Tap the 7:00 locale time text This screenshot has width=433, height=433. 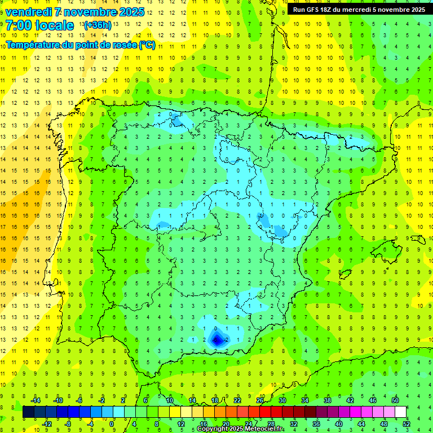click(x=39, y=25)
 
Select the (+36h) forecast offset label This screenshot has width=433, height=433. click(x=98, y=25)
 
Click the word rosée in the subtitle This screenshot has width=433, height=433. click(x=124, y=45)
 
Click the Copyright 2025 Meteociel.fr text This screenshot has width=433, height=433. click(x=240, y=429)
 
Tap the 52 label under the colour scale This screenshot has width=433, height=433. click(x=407, y=424)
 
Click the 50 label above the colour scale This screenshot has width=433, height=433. click(x=395, y=400)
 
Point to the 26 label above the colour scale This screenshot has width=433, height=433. click(x=260, y=400)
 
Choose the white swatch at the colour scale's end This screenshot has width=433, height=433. click(x=400, y=412)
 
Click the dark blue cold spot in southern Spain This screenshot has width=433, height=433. click(x=216, y=339)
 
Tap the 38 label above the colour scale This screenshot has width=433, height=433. click(x=328, y=400)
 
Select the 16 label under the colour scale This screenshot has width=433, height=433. click(x=203, y=424)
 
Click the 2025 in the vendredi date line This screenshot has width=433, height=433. click(x=132, y=12)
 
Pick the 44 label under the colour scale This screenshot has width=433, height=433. click(x=361, y=424)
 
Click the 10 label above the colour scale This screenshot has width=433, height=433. click(x=170, y=400)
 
